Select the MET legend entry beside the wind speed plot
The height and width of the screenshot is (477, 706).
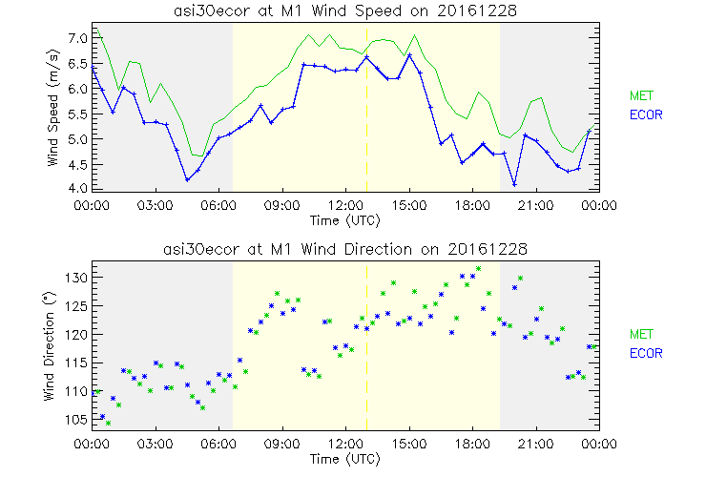click(639, 95)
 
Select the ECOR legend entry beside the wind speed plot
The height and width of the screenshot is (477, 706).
click(644, 114)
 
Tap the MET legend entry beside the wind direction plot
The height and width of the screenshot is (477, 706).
click(639, 334)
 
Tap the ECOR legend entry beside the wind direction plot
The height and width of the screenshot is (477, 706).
click(644, 353)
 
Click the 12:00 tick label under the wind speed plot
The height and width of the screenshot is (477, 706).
click(345, 204)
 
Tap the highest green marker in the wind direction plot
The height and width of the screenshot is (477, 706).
click(478, 269)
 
